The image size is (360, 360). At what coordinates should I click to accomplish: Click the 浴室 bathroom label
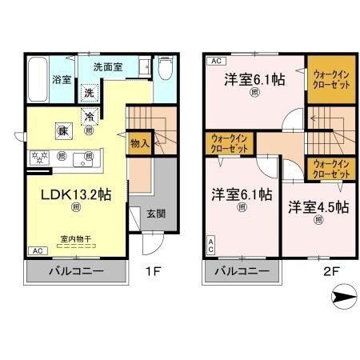(61, 79)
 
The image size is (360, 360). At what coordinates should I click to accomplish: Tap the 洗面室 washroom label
(106, 68)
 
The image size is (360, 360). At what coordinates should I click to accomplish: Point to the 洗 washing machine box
(91, 92)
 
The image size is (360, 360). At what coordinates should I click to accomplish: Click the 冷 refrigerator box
(90, 116)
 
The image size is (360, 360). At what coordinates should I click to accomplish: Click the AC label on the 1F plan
(35, 251)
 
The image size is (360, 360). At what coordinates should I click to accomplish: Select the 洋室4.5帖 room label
(318, 206)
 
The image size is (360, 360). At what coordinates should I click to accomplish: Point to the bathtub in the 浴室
(37, 79)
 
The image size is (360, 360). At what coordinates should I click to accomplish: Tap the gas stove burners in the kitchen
(40, 156)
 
